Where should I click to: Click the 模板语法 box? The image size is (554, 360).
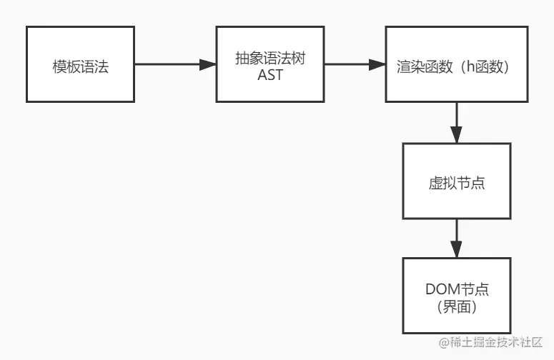pos(80,65)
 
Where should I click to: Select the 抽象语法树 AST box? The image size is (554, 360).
pos(270,65)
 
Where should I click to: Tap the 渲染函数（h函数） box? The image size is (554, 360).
pos(457,65)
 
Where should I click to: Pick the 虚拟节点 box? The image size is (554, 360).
pos(457,181)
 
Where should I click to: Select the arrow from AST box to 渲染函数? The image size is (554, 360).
pos(355,65)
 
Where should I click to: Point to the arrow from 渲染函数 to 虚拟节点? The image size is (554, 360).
pos(457,122)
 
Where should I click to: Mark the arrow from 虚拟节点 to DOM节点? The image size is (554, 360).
pos(457,239)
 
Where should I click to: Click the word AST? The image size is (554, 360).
pos(270,74)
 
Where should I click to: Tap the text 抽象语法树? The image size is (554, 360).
pos(270,58)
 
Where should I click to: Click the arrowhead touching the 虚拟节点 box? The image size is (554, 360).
pos(457,135)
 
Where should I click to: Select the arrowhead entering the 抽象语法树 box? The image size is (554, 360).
pos(208,65)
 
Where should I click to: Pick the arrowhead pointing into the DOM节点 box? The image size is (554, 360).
pos(457,251)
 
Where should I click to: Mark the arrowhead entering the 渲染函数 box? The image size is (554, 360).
pos(377,65)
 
